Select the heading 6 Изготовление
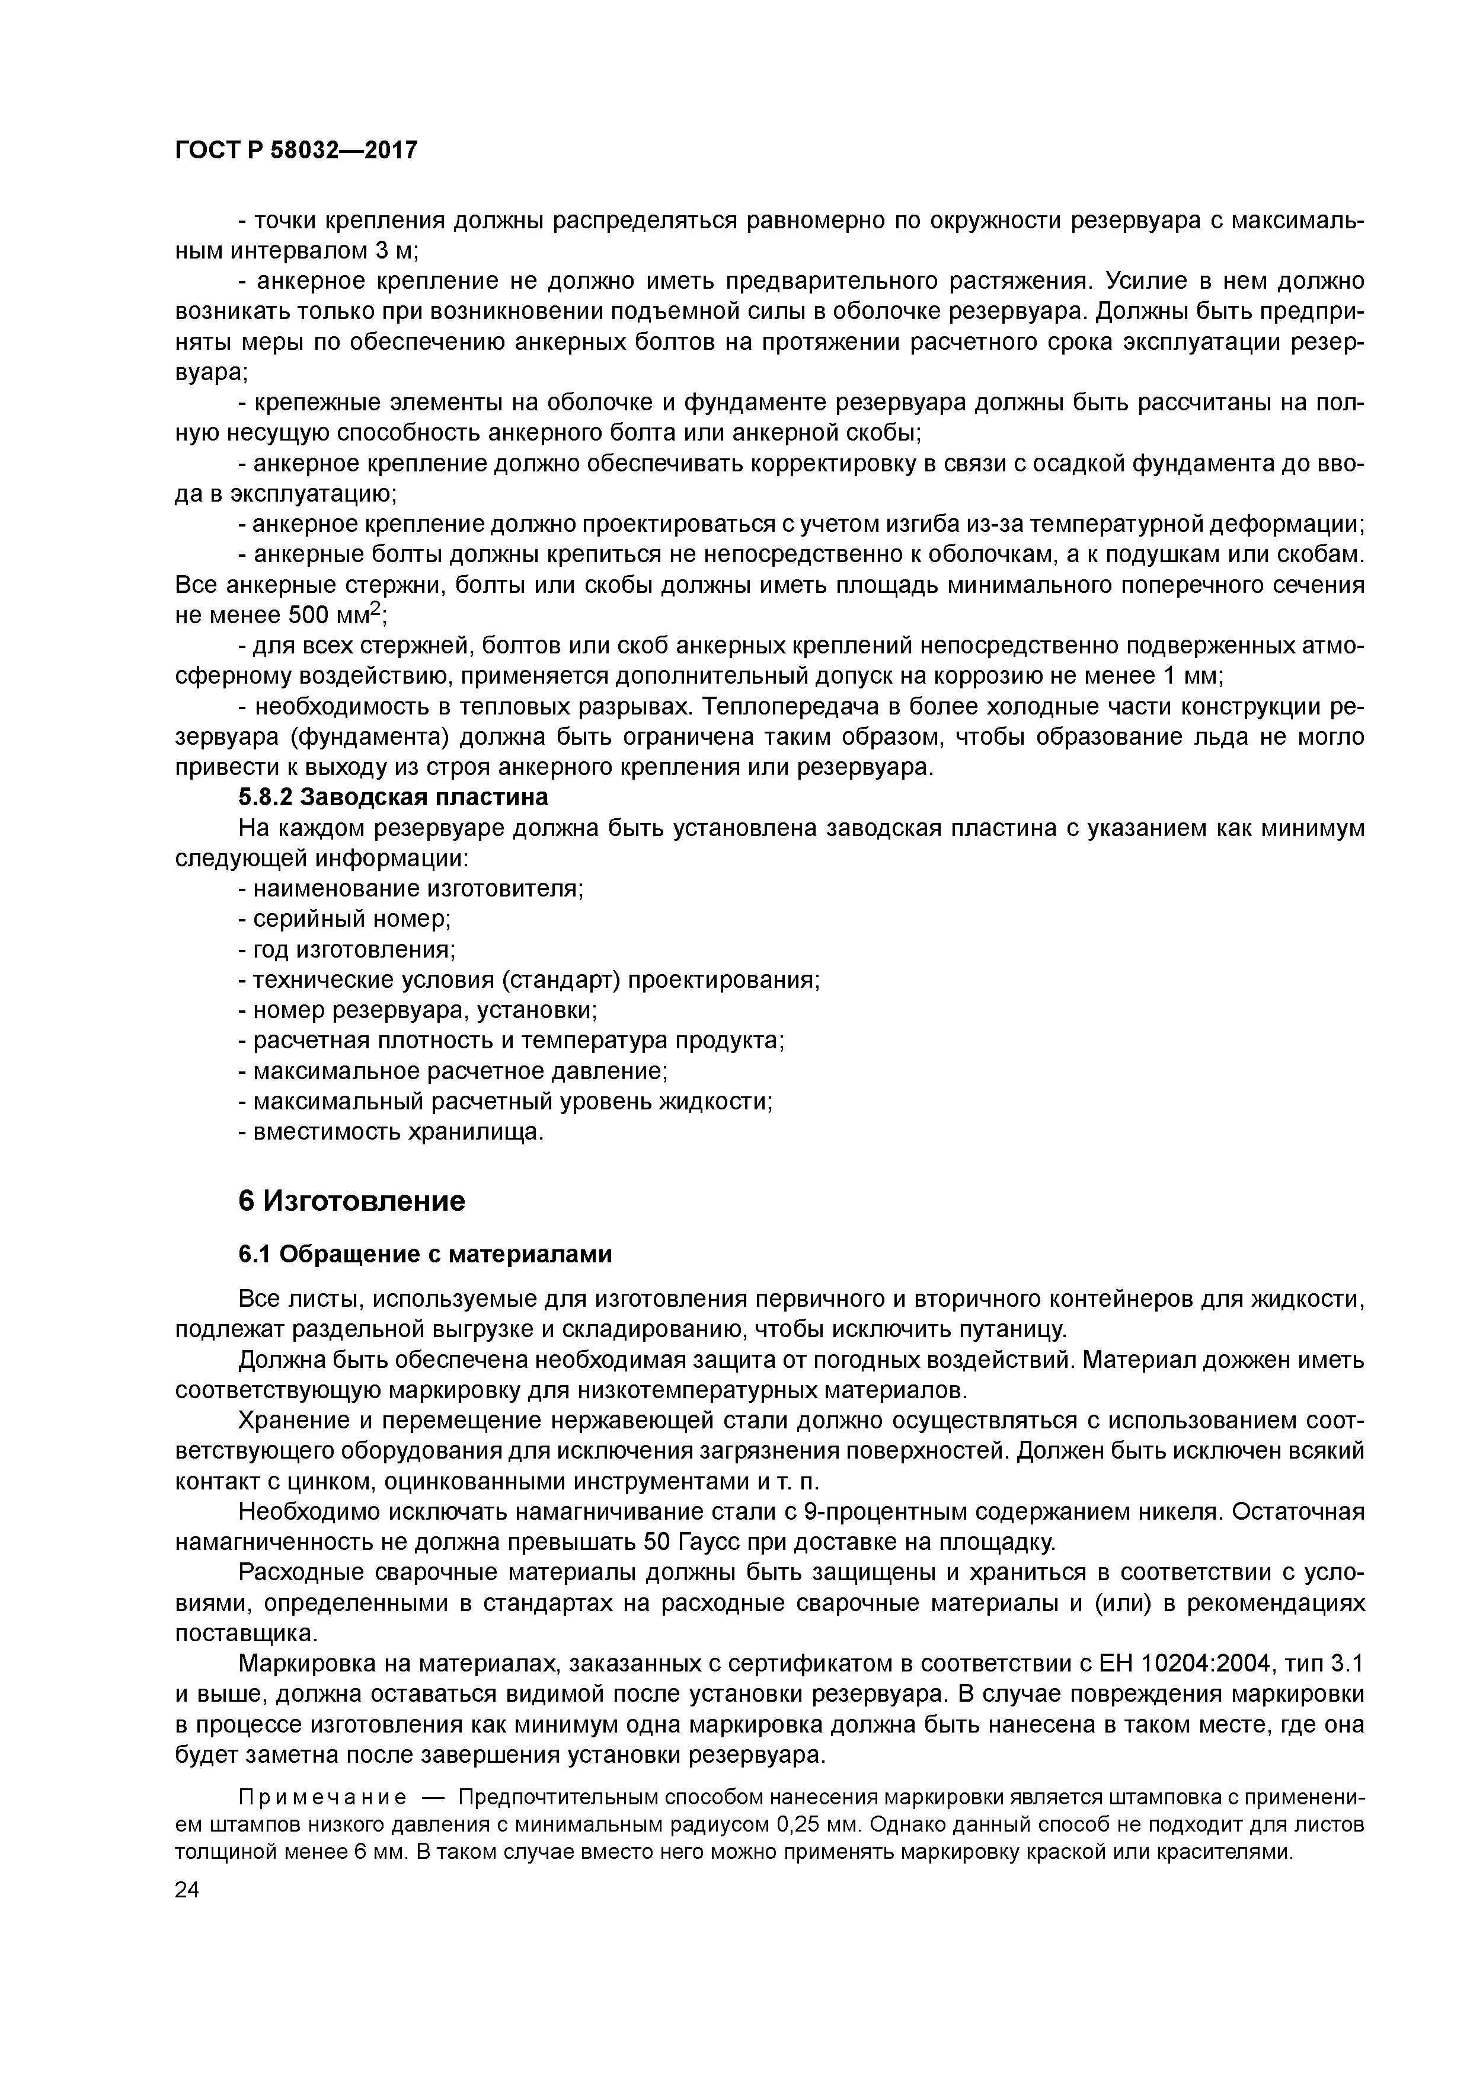351,1201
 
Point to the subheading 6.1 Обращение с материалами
425,1255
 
